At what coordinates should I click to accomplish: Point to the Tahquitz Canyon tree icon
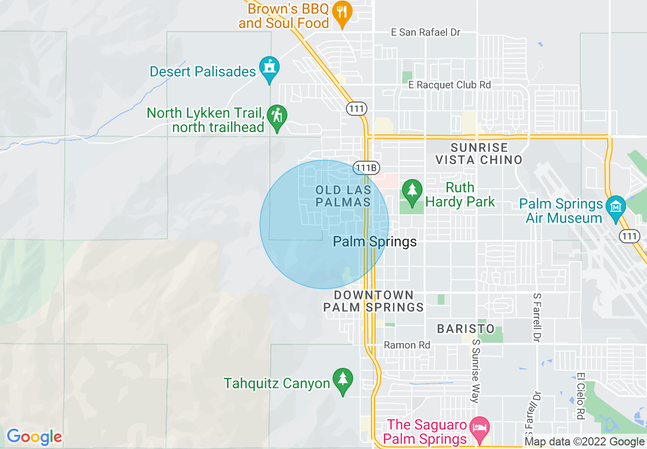click(342, 380)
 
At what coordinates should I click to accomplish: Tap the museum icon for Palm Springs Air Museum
click(616, 208)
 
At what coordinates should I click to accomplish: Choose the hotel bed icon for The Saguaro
click(480, 427)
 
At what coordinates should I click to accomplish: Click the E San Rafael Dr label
click(425, 33)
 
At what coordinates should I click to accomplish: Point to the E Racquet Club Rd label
click(450, 85)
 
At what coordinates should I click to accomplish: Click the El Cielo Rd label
click(580, 396)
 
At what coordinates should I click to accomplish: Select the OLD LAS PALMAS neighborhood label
click(343, 196)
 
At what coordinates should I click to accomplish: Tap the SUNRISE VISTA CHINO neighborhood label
click(479, 154)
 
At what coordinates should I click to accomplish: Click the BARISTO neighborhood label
click(466, 329)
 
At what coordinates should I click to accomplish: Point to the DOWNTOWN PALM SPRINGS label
click(374, 301)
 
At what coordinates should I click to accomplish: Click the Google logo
click(34, 437)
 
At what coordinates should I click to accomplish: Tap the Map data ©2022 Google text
click(584, 442)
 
